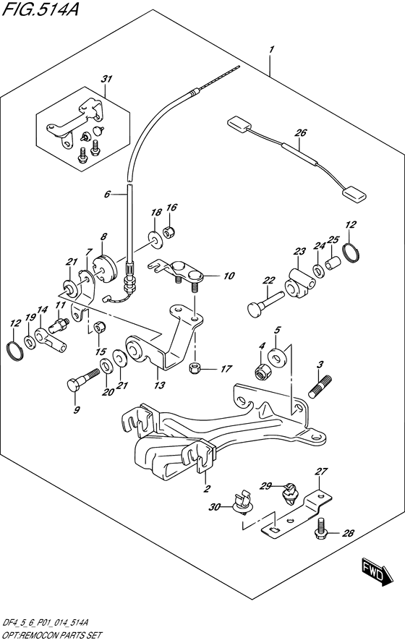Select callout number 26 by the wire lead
301,132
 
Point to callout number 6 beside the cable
107,194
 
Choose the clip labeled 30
242,501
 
